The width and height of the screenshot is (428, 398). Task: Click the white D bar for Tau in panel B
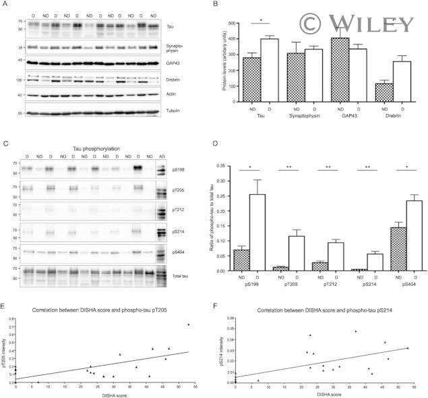tap(270, 70)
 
